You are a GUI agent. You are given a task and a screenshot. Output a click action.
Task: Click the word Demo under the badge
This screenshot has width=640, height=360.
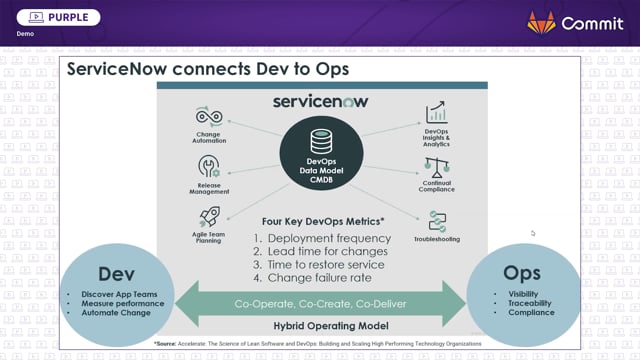(25, 34)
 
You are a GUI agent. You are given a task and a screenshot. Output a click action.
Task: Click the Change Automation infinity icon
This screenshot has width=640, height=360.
(210, 117)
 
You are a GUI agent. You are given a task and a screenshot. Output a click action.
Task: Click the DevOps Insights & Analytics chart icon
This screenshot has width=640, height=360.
(437, 114)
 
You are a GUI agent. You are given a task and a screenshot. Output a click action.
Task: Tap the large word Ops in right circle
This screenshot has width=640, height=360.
(523, 273)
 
